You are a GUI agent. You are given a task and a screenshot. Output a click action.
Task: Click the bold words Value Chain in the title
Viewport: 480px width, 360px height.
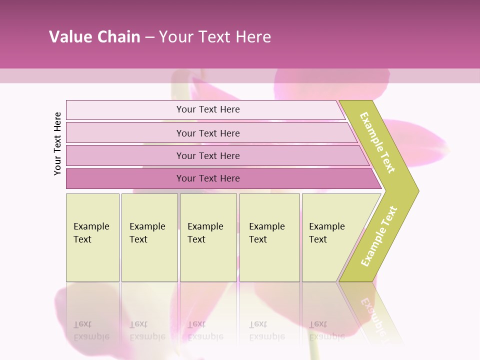[94, 37]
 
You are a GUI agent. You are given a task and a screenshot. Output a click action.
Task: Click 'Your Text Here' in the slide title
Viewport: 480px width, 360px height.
[215, 37]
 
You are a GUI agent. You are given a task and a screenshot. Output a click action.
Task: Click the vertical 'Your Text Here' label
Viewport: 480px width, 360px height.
[57, 143]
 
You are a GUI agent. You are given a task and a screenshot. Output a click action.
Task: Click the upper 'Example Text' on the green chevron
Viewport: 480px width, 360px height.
[377, 142]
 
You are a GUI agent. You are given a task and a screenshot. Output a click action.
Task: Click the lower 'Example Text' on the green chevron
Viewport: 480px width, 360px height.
[379, 236]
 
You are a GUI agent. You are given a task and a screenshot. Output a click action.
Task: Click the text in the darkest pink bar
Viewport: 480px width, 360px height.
[208, 178]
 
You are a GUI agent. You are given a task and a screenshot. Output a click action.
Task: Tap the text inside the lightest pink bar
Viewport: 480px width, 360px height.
[208, 109]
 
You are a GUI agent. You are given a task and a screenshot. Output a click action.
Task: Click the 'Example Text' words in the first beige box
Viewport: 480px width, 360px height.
[91, 232]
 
